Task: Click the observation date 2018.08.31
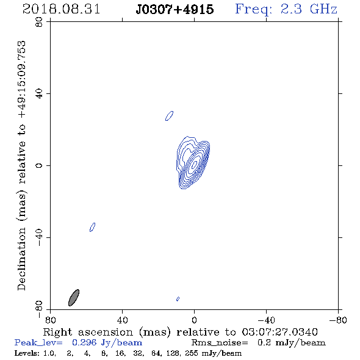[61, 9]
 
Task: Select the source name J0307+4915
[175, 9]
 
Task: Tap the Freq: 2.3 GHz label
[286, 10]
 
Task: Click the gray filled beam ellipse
[74, 298]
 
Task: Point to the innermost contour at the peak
[195, 164]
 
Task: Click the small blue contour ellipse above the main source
[170, 116]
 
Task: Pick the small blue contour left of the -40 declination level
[93, 227]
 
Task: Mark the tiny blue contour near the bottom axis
[178, 299]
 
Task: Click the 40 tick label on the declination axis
[39, 94]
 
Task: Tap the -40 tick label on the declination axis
[39, 237]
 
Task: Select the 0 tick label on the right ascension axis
[194, 320]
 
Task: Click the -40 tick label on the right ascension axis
[266, 320]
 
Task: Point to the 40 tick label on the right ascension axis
[122, 320]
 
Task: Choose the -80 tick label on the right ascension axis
[338, 320]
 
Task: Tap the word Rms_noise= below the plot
[220, 343]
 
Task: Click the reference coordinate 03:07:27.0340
[279, 332]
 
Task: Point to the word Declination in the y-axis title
[21, 259]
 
